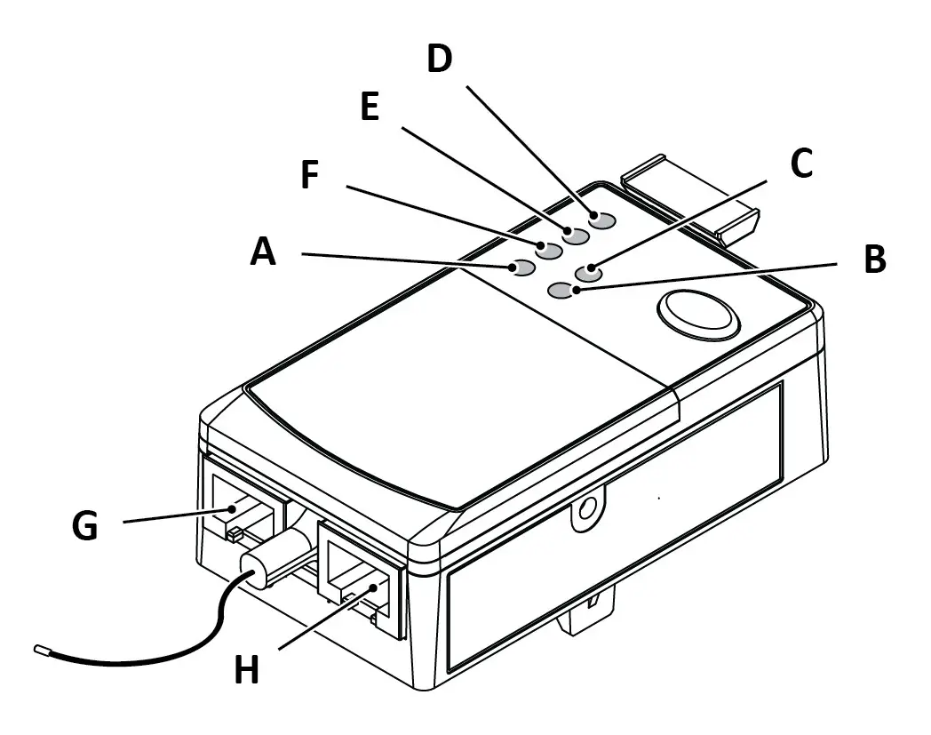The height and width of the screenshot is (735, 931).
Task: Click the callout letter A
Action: (x=263, y=252)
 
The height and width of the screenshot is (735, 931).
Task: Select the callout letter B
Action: (x=874, y=260)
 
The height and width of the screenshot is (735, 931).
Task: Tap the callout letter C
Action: (x=801, y=164)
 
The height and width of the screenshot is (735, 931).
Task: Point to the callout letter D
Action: (x=439, y=59)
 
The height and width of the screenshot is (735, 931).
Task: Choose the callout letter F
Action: (x=309, y=175)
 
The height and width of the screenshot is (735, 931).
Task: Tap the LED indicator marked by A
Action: (x=521, y=267)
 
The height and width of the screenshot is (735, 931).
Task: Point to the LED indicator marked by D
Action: (x=602, y=220)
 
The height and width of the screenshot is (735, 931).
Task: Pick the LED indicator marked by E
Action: (x=576, y=236)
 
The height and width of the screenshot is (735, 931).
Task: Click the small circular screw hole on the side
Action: (x=585, y=509)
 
